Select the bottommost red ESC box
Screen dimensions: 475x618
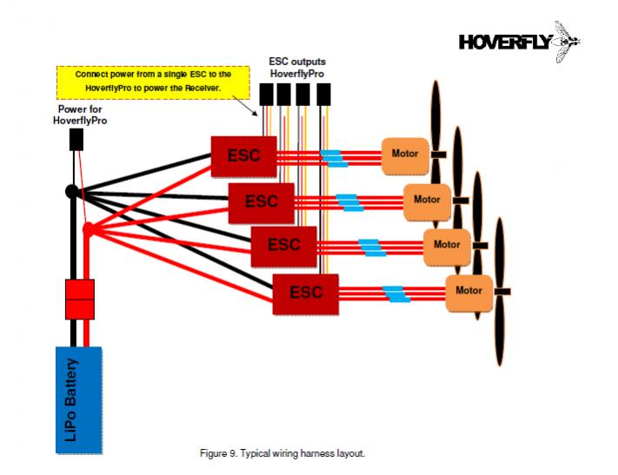(305, 294)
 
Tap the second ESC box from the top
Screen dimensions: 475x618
(261, 201)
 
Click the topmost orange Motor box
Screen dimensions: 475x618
(405, 155)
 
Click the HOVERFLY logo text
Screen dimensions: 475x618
(505, 42)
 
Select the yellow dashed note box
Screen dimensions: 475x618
(153, 81)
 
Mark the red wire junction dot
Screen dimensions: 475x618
(88, 230)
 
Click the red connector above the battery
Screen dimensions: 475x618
(79, 299)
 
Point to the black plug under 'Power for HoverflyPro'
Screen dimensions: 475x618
(76, 139)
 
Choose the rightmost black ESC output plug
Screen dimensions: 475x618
(324, 94)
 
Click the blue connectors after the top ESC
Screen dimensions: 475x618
(334, 157)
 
